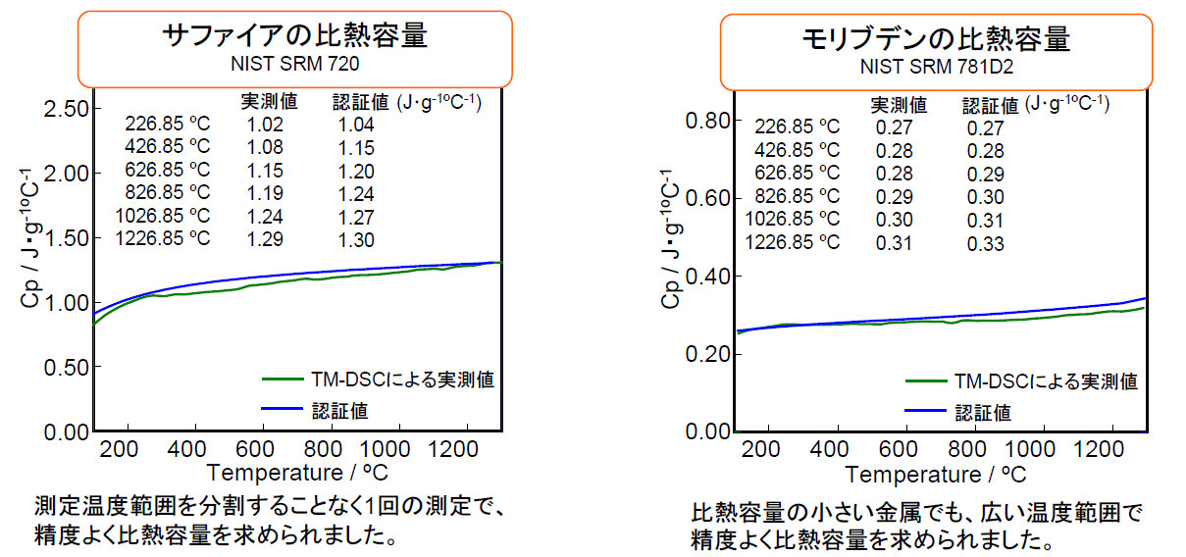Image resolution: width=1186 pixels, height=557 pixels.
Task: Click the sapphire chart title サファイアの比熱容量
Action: [294, 36]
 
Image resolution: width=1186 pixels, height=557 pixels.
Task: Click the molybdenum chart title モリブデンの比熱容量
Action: [935, 39]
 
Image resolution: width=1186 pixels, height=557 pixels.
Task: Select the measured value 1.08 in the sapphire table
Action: [266, 148]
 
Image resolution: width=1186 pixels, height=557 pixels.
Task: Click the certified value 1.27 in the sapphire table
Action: [356, 215]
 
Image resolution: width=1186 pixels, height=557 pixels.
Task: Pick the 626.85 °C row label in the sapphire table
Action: [168, 170]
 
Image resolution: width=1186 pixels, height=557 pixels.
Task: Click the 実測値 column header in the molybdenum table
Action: [899, 104]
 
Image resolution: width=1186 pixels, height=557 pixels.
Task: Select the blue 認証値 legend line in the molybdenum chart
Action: [927, 412]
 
